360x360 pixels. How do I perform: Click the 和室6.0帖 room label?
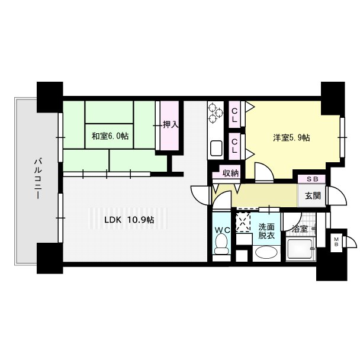click(x=110, y=136)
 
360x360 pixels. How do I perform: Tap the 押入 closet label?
click(x=171, y=124)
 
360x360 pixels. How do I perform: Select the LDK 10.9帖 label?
click(x=129, y=220)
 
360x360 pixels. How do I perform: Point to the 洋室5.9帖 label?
click(x=291, y=138)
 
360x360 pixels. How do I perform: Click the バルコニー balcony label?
click(x=38, y=178)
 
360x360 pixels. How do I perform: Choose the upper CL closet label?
click(x=234, y=115)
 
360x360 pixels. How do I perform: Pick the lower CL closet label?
click(x=234, y=146)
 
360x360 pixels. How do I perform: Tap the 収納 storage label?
click(x=231, y=173)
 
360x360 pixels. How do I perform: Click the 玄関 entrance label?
click(x=313, y=195)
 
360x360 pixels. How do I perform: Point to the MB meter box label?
click(x=336, y=242)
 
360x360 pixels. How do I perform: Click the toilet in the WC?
click(x=221, y=244)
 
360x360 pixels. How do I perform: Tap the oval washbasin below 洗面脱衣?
click(x=266, y=253)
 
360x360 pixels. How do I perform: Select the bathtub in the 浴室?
click(x=300, y=249)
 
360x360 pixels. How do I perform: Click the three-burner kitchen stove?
click(x=216, y=112)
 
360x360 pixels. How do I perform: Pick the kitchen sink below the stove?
click(x=216, y=148)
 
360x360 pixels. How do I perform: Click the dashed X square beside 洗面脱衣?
click(x=243, y=222)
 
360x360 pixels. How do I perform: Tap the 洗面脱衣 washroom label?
click(x=266, y=231)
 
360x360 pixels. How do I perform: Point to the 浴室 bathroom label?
click(x=300, y=229)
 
